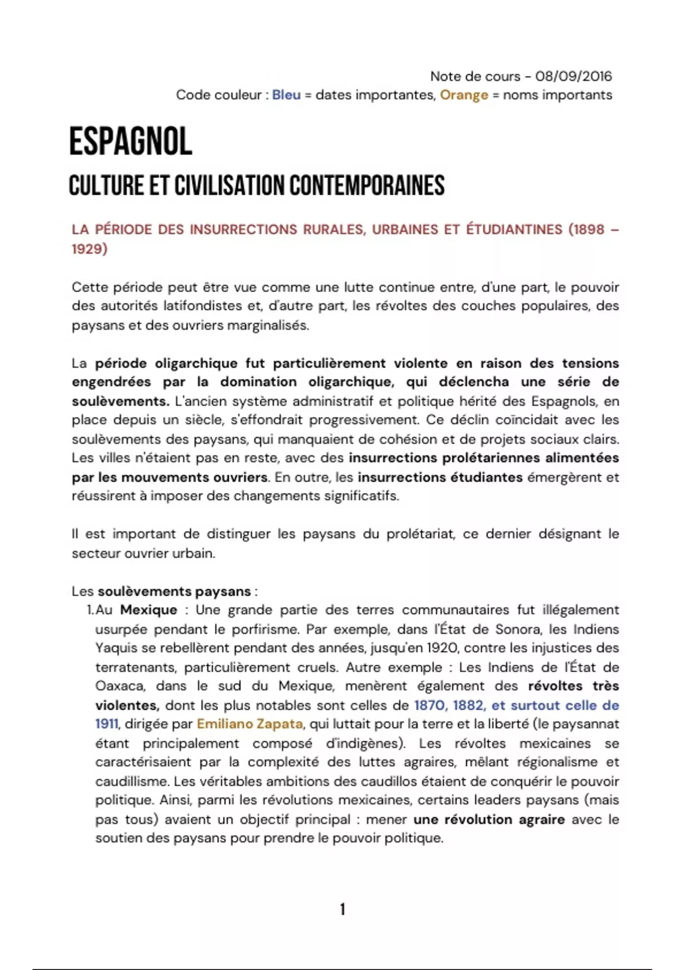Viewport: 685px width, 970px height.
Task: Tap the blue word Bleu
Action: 286,95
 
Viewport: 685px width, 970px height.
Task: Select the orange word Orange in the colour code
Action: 464,95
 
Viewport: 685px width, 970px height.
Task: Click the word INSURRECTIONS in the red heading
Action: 244,229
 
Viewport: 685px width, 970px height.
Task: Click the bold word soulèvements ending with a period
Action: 120,401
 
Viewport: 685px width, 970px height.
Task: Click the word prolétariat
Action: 420,534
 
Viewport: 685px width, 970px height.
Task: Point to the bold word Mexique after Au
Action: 148,610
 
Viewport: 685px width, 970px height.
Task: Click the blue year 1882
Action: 468,705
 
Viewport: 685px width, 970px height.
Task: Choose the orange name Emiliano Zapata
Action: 249,724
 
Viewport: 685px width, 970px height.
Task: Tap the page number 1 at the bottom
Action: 342,909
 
